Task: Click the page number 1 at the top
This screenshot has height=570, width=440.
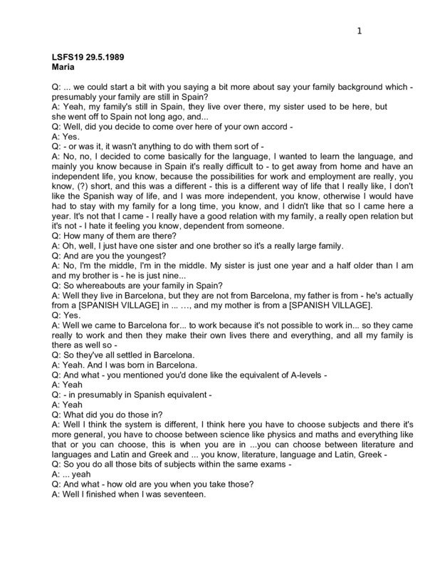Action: coord(360,31)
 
